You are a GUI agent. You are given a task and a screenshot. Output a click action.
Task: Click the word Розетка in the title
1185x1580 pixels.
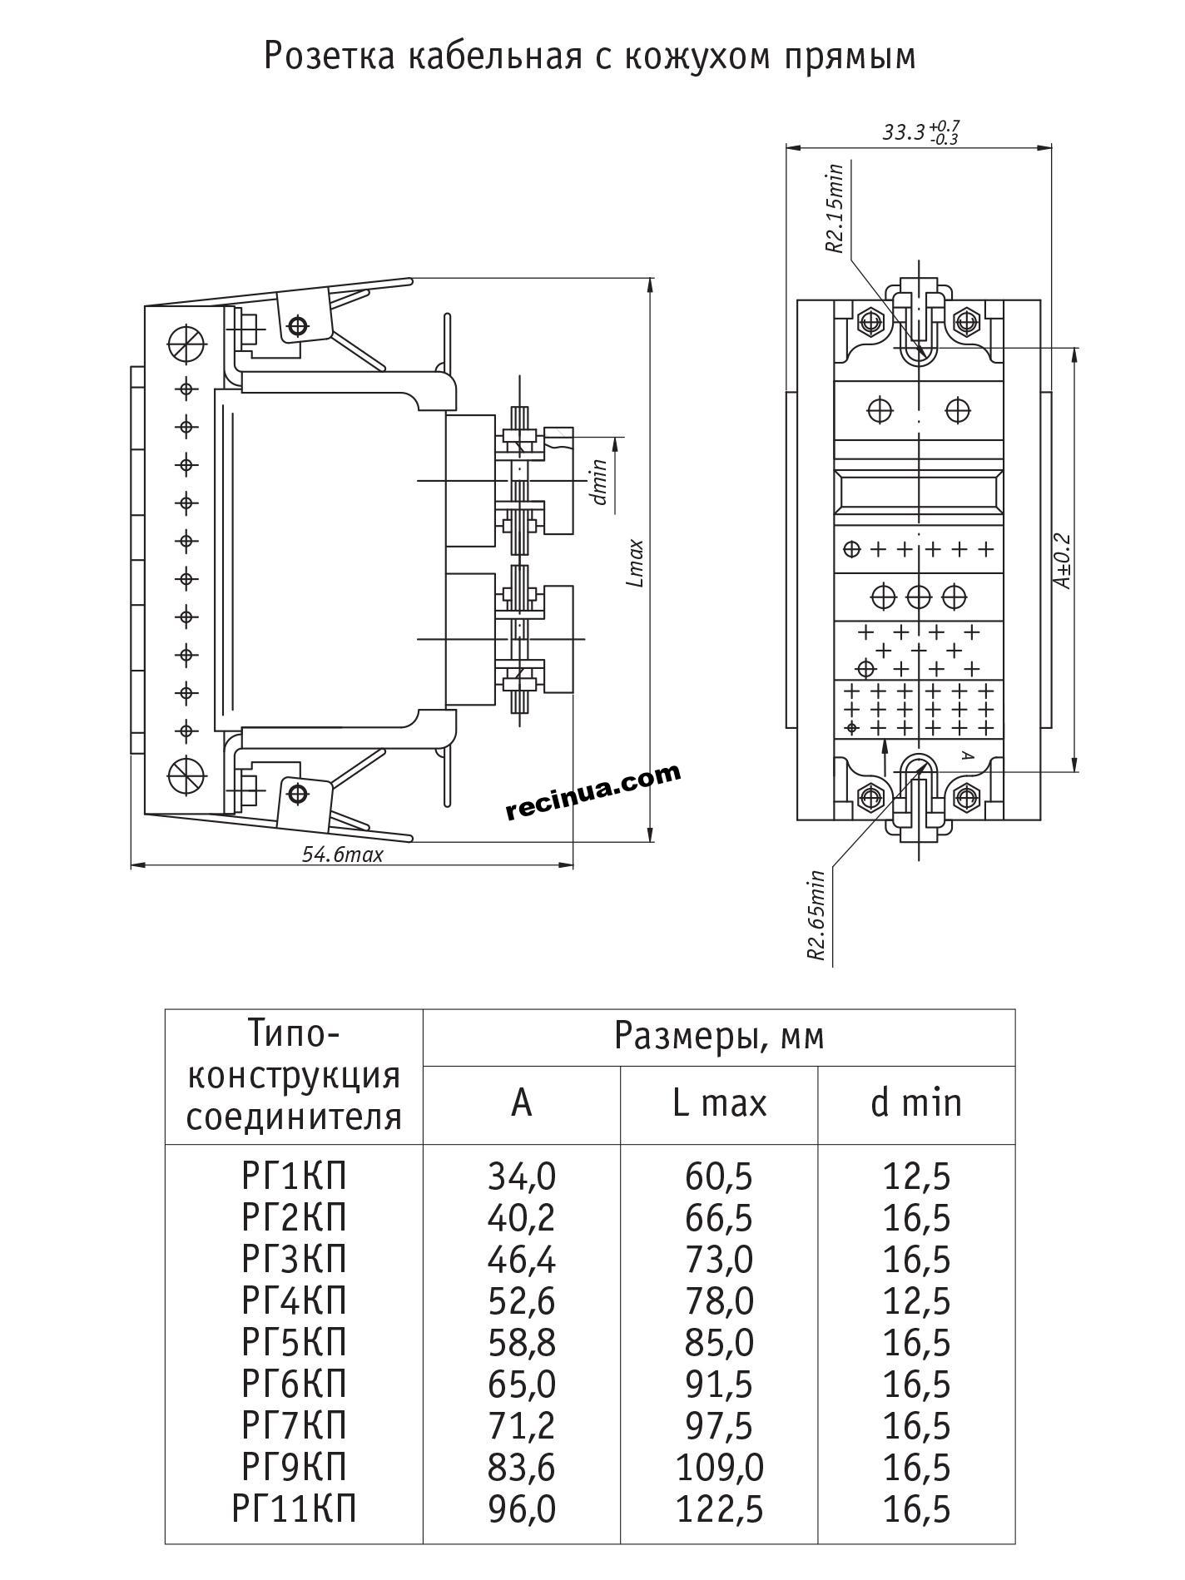click(x=329, y=57)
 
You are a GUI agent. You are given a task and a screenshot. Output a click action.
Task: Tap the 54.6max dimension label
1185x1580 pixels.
click(x=342, y=854)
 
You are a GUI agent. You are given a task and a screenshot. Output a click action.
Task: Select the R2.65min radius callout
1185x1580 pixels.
click(x=816, y=915)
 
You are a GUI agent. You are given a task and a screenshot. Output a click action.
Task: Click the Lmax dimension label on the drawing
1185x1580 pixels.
click(x=636, y=563)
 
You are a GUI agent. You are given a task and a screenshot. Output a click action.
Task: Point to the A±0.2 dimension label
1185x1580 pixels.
click(x=1063, y=560)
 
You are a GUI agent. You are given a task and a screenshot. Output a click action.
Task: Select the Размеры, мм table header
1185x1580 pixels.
click(x=719, y=1037)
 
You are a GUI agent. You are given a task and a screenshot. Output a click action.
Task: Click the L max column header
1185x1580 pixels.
click(x=719, y=1103)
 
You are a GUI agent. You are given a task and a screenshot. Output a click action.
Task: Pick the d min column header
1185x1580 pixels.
click(x=916, y=1103)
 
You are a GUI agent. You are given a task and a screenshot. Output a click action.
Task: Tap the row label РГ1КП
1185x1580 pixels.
click(x=294, y=1176)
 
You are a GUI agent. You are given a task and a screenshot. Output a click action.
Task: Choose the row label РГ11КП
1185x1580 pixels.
click(x=295, y=1508)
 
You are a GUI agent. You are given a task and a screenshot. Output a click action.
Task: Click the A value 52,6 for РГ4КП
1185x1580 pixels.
click(x=522, y=1301)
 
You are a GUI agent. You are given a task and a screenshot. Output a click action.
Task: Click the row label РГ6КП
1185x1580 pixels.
click(x=294, y=1384)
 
